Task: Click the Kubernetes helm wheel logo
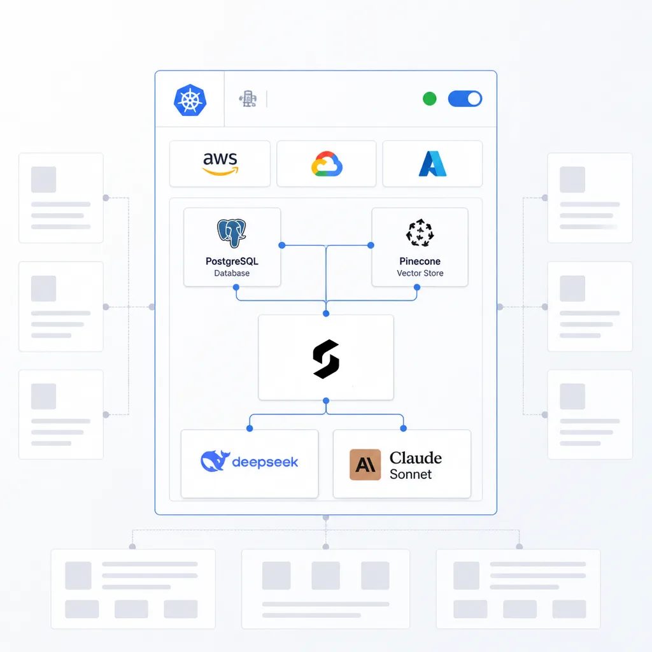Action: click(x=190, y=100)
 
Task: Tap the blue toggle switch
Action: click(x=465, y=99)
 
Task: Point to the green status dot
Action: click(x=430, y=99)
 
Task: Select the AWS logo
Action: click(x=220, y=164)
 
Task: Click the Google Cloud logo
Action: click(x=327, y=164)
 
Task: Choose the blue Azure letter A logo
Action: click(x=432, y=164)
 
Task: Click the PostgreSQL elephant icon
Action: click(x=232, y=233)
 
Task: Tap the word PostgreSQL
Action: click(x=232, y=261)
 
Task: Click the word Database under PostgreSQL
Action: click(x=232, y=273)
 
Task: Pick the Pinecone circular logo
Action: click(x=420, y=232)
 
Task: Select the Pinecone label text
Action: click(x=420, y=261)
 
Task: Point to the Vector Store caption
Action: click(x=420, y=273)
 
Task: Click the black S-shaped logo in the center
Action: click(x=326, y=359)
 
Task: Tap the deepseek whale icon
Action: click(x=215, y=461)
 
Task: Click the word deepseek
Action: click(x=265, y=462)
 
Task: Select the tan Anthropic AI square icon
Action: click(x=365, y=465)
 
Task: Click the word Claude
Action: click(x=416, y=458)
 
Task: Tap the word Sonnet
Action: click(x=411, y=474)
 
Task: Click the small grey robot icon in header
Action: click(x=248, y=99)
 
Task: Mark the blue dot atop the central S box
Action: click(x=326, y=313)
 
